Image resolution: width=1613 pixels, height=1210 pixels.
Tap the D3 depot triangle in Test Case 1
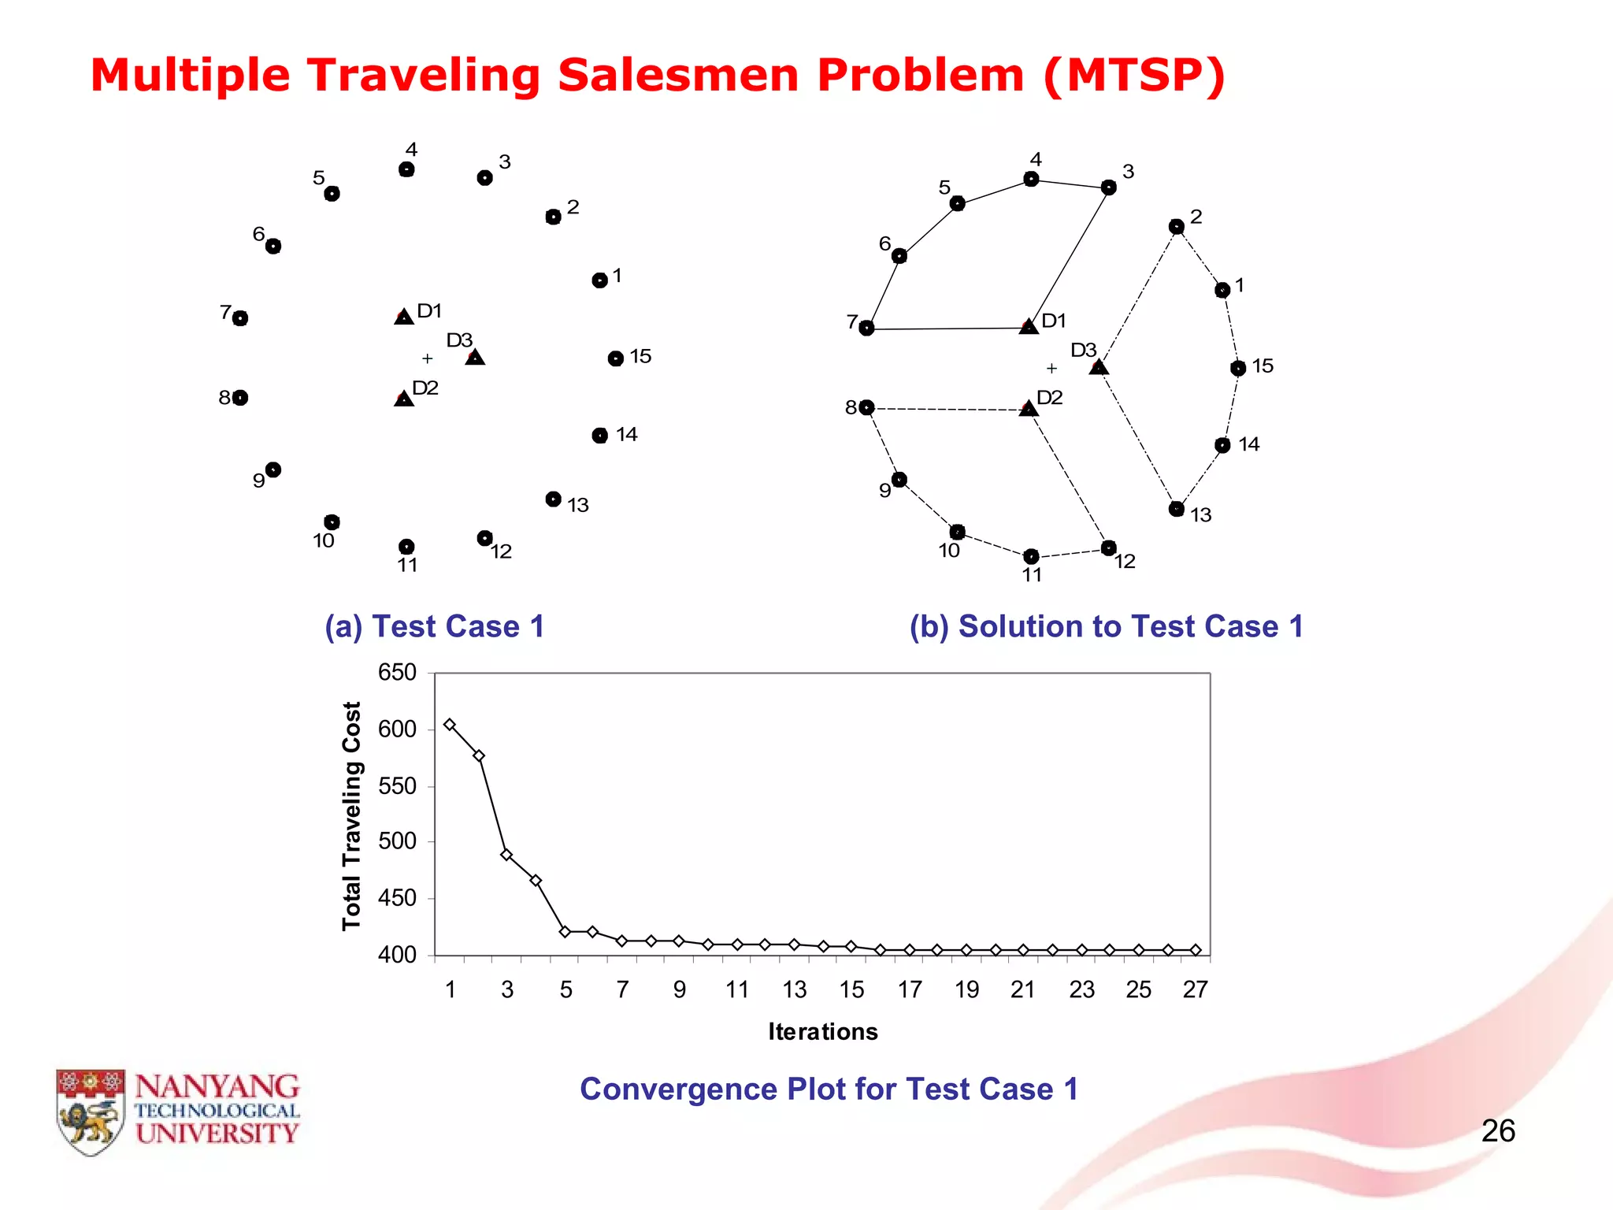475,358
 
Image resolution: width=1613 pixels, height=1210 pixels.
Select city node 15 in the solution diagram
1238,368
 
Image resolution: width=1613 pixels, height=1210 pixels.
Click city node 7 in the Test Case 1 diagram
240,318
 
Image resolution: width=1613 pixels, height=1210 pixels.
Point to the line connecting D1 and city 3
1070,256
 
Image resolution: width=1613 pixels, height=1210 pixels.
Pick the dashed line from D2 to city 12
1069,478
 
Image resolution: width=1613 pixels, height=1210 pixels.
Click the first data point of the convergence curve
450,725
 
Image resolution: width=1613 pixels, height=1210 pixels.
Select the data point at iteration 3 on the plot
507,855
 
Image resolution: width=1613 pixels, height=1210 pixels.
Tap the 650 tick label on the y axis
397,673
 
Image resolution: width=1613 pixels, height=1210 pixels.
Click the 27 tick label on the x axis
1195,989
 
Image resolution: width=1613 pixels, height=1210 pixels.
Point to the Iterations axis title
822,1032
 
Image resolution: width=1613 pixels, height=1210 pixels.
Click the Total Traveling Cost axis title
351,815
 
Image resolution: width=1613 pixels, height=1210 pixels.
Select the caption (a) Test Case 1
434,627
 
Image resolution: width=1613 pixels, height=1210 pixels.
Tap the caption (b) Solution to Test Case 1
1106,627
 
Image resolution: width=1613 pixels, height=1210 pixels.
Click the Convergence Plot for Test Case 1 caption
829,1089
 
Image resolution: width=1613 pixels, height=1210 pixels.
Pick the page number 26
1497,1131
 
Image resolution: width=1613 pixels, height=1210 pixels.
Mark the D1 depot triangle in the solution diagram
1029,326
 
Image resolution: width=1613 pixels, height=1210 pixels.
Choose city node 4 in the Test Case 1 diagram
406,169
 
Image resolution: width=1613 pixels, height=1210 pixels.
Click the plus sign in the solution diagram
1051,368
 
